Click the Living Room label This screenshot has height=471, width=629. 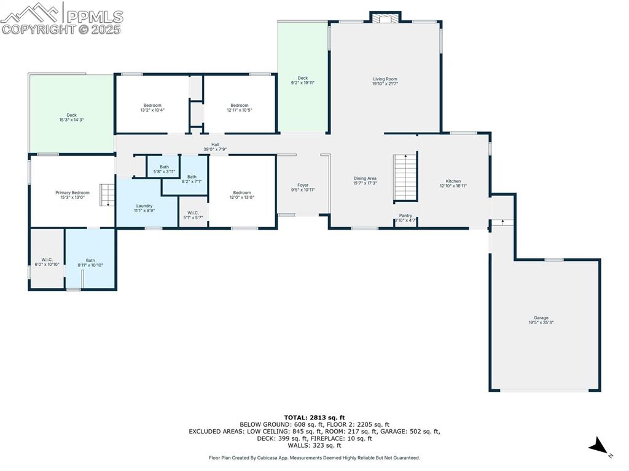point(385,79)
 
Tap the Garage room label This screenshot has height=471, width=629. point(541,318)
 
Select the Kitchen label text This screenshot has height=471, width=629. point(453,181)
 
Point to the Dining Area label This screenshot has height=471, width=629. point(365,179)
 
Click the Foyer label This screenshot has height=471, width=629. point(303,185)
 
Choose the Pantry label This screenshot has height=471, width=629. point(405,216)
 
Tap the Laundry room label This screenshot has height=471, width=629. point(144,206)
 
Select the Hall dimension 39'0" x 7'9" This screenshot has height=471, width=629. point(215,149)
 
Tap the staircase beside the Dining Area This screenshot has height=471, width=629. point(405,177)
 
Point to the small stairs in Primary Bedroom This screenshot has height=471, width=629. point(107,195)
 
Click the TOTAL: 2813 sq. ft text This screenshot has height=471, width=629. point(314,417)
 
